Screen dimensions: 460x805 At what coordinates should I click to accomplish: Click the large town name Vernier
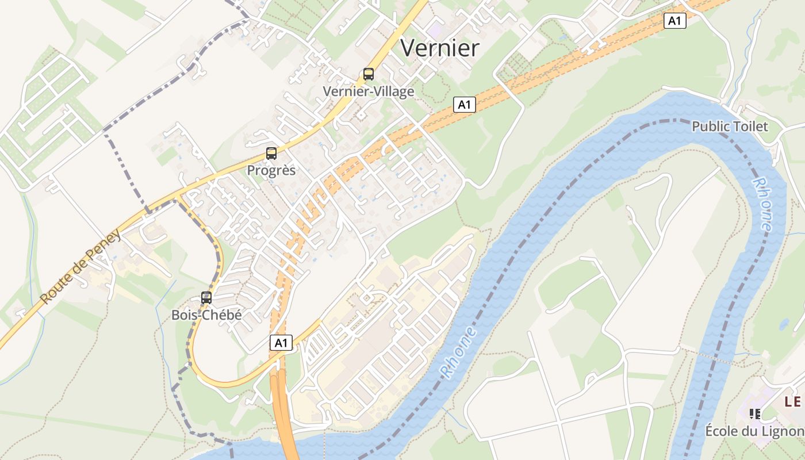[x=439, y=48]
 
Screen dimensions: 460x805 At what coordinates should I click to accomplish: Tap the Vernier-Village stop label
[x=368, y=91]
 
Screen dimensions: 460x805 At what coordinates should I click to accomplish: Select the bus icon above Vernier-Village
[x=369, y=74]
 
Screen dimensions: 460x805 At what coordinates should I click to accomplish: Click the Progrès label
[x=271, y=170]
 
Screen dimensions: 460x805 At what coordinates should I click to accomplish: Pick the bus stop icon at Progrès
[x=271, y=154]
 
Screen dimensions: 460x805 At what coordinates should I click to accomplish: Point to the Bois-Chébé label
[x=206, y=315]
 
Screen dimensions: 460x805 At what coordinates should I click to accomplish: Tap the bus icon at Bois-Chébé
[x=206, y=298]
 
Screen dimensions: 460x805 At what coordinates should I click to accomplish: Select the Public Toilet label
[x=730, y=126]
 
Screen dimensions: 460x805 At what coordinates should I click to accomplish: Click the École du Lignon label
[x=754, y=431]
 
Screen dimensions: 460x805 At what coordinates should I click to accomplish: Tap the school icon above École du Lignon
[x=755, y=413]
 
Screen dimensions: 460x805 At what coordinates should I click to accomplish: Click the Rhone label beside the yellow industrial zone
[x=459, y=352]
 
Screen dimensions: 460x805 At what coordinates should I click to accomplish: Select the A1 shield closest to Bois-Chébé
[x=281, y=343]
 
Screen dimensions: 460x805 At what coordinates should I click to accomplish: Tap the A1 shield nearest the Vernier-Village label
[x=465, y=105]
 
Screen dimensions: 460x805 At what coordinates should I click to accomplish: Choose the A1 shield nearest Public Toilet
[x=675, y=21]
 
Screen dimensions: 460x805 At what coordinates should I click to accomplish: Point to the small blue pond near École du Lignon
[x=784, y=324]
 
